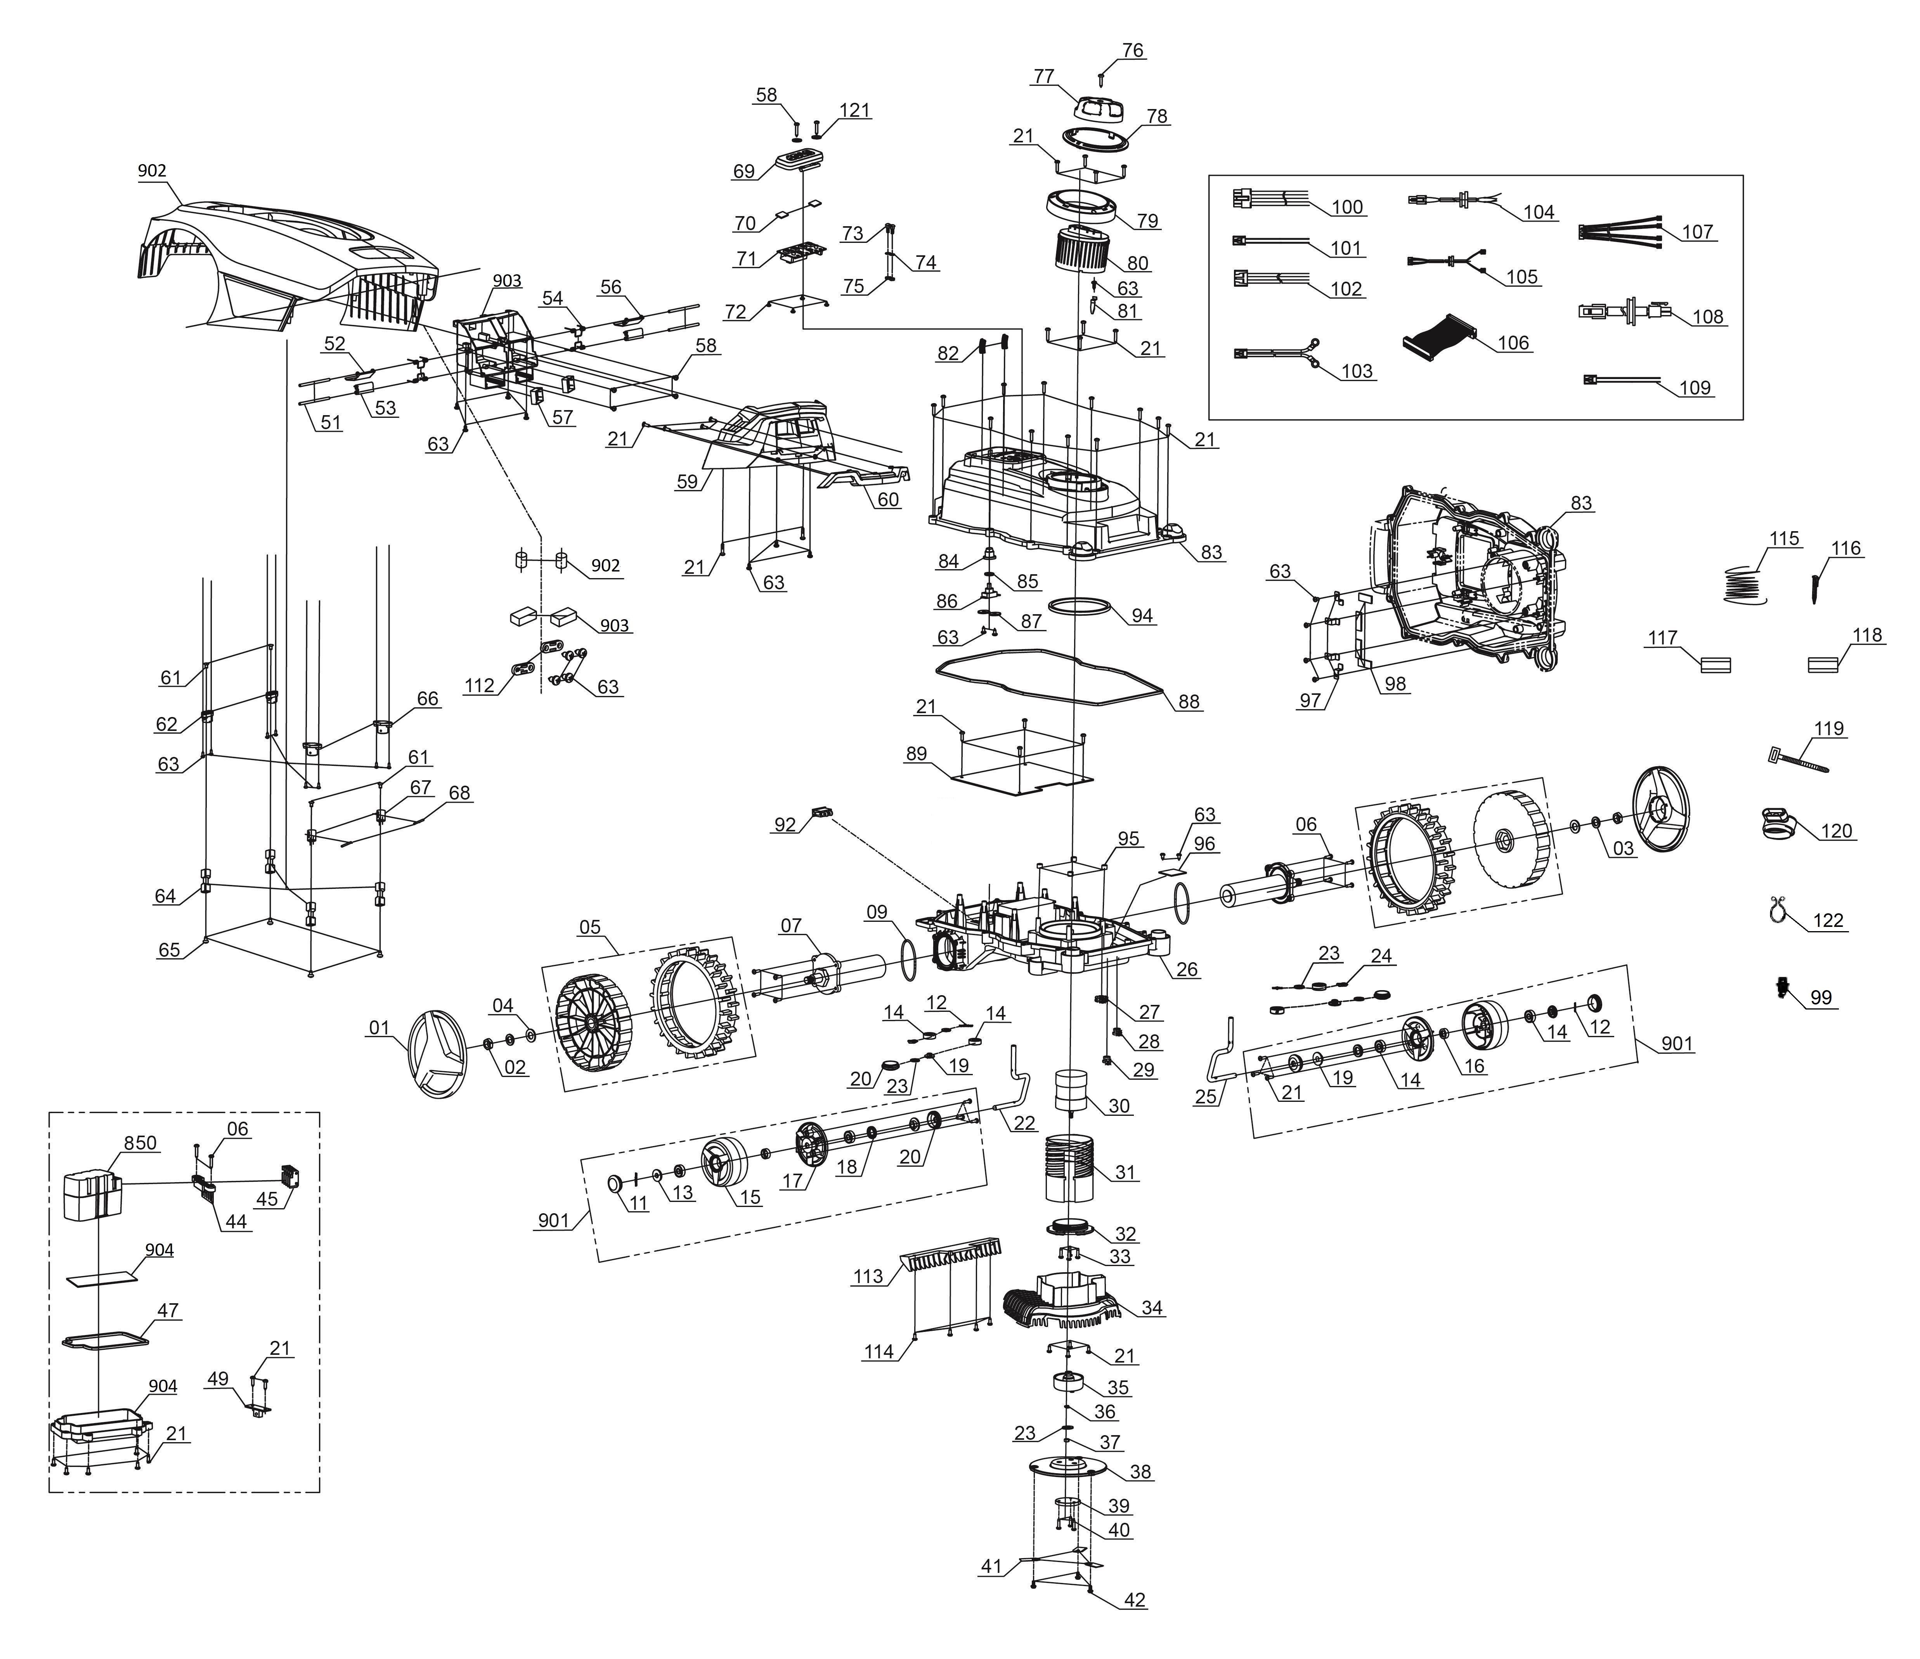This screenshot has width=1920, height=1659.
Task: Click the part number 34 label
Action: [1153, 1308]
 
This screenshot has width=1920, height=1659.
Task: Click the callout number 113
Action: [868, 1276]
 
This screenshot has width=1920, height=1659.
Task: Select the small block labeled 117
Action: [1715, 664]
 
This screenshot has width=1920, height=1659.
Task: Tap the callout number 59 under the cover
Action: [687, 481]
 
